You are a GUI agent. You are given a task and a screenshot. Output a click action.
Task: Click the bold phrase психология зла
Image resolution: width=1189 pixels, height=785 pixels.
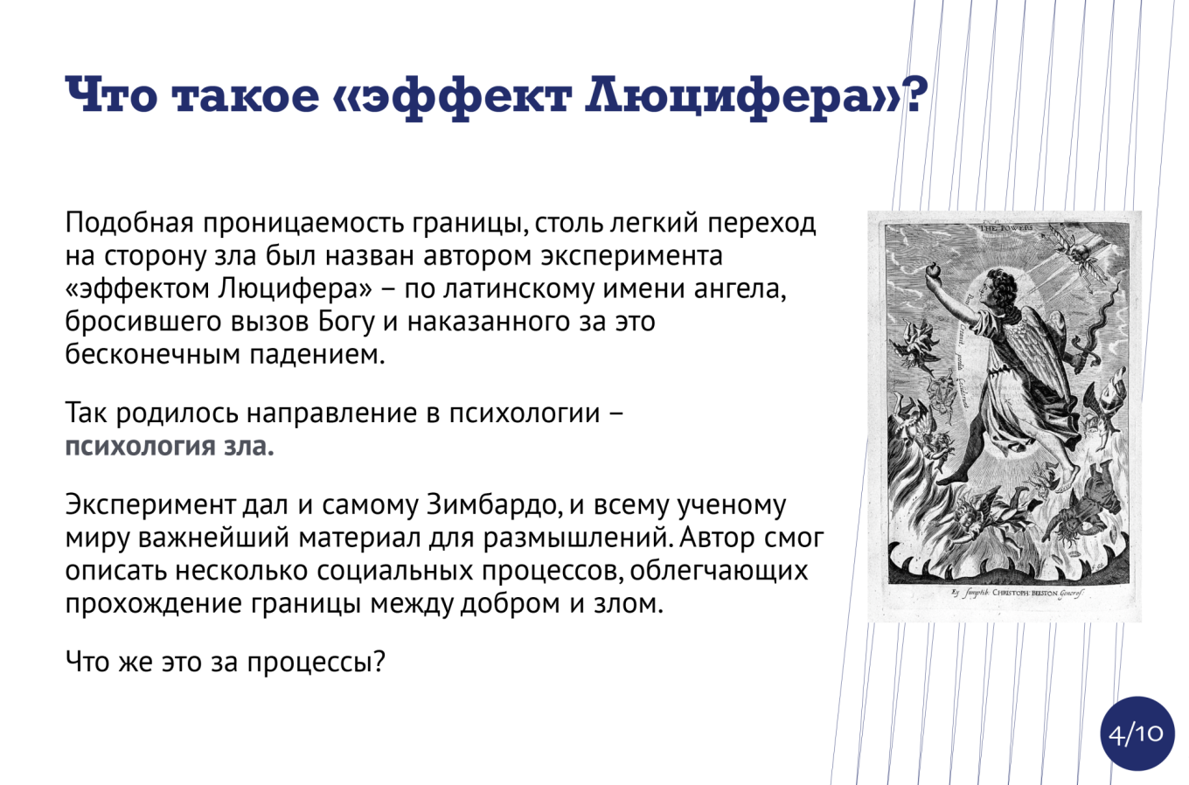point(170,446)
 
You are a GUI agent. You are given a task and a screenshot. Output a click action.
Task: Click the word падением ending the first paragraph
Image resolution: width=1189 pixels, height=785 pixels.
point(317,354)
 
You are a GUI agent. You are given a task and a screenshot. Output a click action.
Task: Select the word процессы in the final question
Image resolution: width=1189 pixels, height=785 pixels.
point(316,662)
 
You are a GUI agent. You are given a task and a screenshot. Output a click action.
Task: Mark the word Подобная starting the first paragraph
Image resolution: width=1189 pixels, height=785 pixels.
point(129,222)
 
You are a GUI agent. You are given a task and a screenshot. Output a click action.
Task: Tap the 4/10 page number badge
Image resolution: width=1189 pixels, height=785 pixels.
point(1137,733)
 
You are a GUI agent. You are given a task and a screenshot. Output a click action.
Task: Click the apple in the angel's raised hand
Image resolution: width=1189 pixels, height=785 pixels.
point(933,271)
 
